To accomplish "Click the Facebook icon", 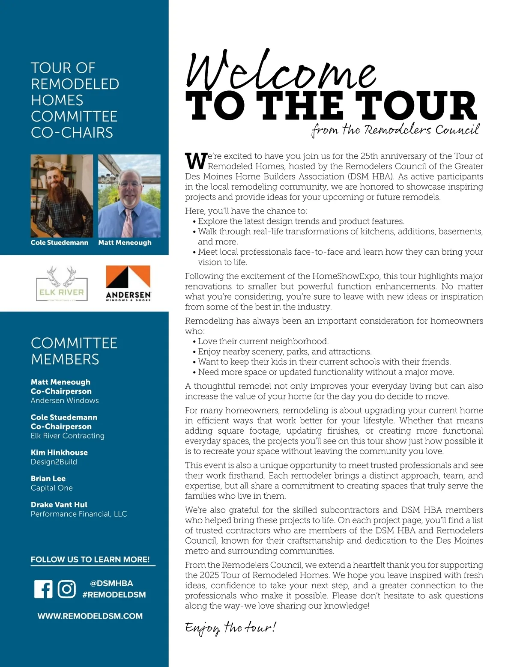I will (43, 589).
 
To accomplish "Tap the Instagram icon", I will (67, 589).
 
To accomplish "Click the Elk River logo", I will (62, 283).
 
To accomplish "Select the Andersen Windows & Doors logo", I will (128, 283).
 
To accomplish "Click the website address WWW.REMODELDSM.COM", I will (90, 616).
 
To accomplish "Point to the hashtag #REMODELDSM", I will (114, 595).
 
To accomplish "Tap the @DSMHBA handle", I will (111, 583).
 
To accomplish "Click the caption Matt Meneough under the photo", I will (125, 242).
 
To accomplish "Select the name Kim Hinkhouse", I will (59, 453).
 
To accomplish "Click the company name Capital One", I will (52, 488).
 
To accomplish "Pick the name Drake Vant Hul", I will (59, 505).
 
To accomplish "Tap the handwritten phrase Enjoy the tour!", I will (231, 628).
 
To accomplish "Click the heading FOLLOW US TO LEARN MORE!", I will (90, 560).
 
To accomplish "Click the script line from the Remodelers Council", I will (395, 129).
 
